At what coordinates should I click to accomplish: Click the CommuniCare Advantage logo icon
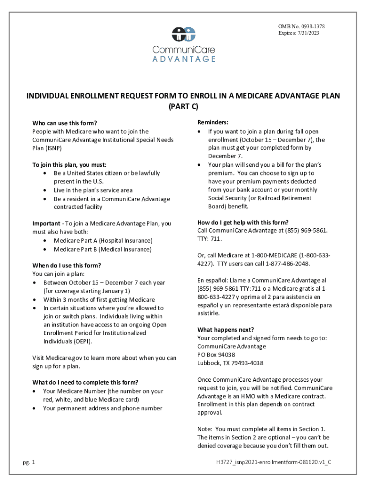[x=183, y=34]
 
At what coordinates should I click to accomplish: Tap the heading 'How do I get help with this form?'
[x=243, y=222]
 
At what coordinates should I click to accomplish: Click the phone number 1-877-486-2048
[x=291, y=264]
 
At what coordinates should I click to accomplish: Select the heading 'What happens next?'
[x=225, y=330]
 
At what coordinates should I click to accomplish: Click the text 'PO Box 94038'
[x=216, y=355]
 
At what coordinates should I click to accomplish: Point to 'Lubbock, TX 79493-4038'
[x=230, y=363]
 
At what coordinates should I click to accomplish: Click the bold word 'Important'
[x=46, y=224]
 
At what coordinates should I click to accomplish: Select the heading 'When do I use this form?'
[x=66, y=265]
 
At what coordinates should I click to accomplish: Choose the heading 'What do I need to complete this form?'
[x=85, y=382]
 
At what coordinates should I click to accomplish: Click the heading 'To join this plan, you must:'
[x=70, y=164]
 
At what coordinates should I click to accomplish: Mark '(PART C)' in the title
[x=183, y=107]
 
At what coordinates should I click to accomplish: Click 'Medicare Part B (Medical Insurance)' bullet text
[x=102, y=249]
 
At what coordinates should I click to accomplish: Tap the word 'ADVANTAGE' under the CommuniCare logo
[x=184, y=59]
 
